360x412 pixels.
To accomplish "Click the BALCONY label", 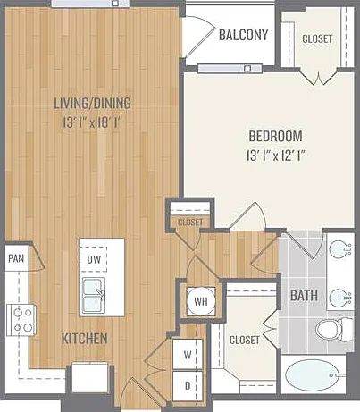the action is (x=243, y=35).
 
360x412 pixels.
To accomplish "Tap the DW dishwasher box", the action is (x=94, y=259).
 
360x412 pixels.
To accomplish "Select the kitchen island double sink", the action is (x=94, y=295).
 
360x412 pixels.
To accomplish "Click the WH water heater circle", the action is (x=201, y=301).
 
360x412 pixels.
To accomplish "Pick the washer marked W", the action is (x=188, y=355).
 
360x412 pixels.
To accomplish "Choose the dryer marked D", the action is (x=188, y=386).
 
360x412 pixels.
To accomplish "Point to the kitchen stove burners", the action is (x=21, y=320).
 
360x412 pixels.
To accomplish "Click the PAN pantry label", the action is (x=16, y=258).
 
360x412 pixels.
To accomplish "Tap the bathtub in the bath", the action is (x=312, y=375).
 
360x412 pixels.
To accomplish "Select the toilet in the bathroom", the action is (x=334, y=330).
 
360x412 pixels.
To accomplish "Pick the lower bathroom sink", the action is (x=339, y=298).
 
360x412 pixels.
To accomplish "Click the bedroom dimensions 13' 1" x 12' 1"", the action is (x=276, y=156).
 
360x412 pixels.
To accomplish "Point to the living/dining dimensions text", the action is (x=93, y=122).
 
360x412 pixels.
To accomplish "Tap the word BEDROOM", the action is (x=275, y=136).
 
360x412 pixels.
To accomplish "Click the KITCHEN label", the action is (x=84, y=339).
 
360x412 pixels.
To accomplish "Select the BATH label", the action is (x=304, y=296).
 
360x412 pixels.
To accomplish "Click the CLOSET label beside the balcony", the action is (x=317, y=38).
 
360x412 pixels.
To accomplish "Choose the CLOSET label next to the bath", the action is (x=245, y=340).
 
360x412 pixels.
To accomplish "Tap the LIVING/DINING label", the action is (x=92, y=103).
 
